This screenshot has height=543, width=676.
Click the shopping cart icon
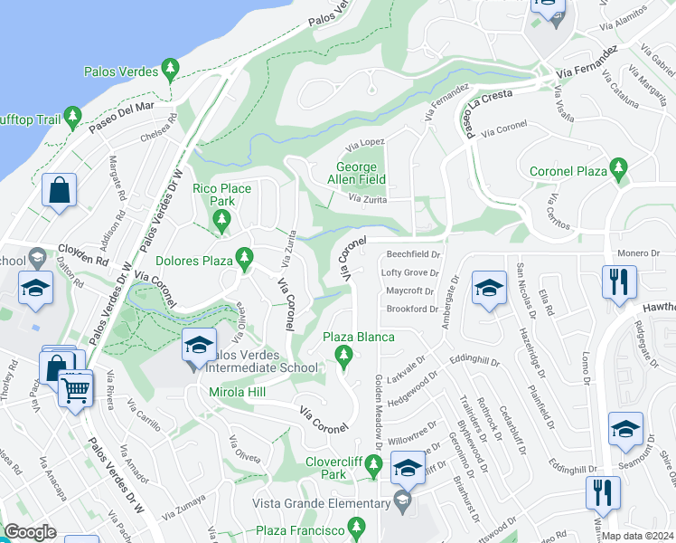point(76,390)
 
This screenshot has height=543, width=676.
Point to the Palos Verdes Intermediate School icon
point(198,345)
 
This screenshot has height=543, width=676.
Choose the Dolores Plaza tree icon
point(243,260)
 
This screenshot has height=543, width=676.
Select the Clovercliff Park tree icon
point(375,467)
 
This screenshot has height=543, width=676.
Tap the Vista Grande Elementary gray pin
point(402,500)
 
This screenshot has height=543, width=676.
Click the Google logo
point(30,532)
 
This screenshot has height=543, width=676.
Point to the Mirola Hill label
point(239,393)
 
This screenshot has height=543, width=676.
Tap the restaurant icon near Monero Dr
point(619,281)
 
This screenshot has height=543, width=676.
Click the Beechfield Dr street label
point(413,255)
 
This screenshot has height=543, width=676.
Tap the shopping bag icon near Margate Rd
point(59,191)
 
